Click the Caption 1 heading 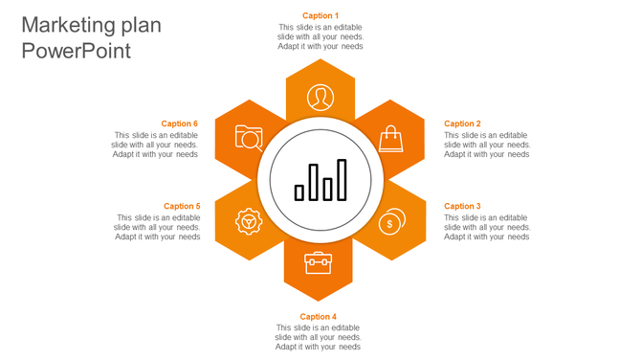tap(320, 15)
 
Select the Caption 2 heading tap(462, 124)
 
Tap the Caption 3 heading tap(462, 206)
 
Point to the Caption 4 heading tap(318, 317)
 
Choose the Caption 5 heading tap(182, 206)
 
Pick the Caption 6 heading tap(179, 124)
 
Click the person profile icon tap(320, 97)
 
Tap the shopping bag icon tap(390, 139)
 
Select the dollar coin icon tap(390, 222)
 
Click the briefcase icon tap(318, 262)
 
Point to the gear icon tap(249, 221)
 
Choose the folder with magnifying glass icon tap(249, 139)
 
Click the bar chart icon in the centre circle tap(320, 180)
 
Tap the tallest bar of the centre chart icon tap(342, 180)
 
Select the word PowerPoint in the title tap(76, 52)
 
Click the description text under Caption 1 tap(320, 36)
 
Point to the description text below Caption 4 tap(318, 337)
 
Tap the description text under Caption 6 tap(155, 145)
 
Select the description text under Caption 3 tap(486, 227)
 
